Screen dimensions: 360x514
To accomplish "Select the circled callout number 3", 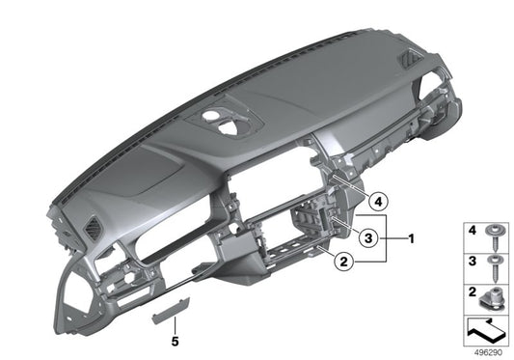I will click(367, 236).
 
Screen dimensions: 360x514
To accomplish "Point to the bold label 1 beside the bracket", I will click(412, 236).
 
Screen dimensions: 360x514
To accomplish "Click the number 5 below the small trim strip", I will click(176, 340).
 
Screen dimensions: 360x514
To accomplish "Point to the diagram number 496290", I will click(489, 352).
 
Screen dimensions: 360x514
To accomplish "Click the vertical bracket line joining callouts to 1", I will click(387, 236).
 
